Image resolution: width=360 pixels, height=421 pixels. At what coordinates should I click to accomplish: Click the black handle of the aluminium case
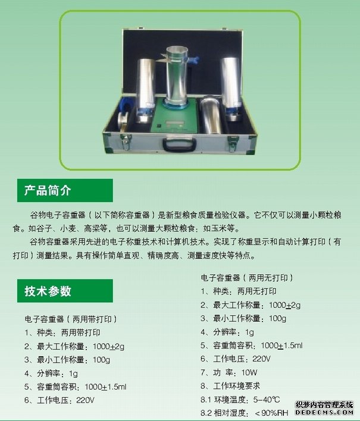pos(179,144)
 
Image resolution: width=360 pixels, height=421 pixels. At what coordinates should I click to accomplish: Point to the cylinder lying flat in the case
pos(211,115)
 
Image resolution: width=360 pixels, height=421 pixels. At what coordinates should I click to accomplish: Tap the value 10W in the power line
pos(249,373)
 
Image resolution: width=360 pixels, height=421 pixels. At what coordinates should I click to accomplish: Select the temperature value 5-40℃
pos(267,400)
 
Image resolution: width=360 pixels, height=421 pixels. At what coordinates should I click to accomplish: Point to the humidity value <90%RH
pos(271,413)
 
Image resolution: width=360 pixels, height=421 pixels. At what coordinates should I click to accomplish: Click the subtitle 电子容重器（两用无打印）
pos(247,278)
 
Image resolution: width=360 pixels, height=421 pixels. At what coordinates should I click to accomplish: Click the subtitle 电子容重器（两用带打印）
pos(71,319)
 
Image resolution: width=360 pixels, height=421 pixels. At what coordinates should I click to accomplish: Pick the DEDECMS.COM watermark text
pos(324,413)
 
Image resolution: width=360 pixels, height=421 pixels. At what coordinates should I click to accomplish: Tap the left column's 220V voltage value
pos(85,400)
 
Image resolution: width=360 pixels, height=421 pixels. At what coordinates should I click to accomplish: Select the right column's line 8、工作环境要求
pos(230,386)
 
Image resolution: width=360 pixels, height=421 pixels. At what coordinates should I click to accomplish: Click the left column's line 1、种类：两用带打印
pos(62,333)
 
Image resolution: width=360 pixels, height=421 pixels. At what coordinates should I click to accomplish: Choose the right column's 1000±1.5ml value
pos(281,345)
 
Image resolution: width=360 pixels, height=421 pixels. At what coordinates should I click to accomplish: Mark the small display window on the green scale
pos(174,123)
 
